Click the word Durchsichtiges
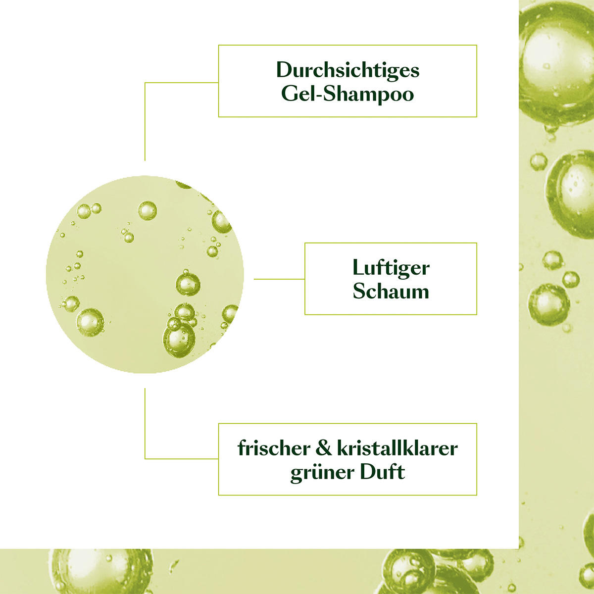pos(347,70)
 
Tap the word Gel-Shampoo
pos(347,94)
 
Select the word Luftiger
pos(391,268)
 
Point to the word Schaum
pos(391,291)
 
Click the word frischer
pos(271,448)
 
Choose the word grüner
pos(320,472)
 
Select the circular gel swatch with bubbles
pos(145,274)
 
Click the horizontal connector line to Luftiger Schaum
pos(279,279)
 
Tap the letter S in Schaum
pos(359,291)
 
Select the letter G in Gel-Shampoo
pos(289,94)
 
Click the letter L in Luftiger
pos(357,268)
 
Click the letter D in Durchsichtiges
pos(284,70)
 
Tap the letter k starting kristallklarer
pos(342,448)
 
